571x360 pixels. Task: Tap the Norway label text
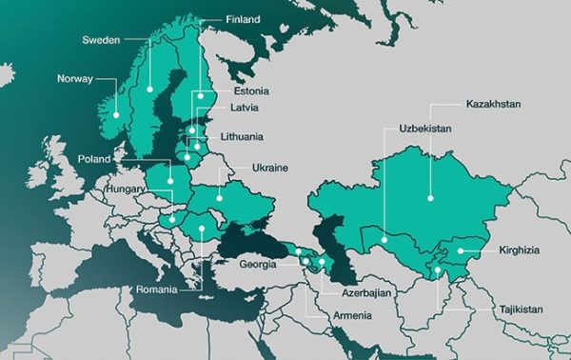[76, 79]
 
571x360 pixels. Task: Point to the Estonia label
[250, 92]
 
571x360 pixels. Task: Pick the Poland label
[94, 159]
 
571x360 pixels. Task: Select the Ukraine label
[270, 169]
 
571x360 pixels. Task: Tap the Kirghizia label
[519, 250]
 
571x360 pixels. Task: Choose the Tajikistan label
[520, 310]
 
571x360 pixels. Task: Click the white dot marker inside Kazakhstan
[430, 199]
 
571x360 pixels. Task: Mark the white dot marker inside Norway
[116, 114]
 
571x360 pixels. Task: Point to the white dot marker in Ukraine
[219, 198]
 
